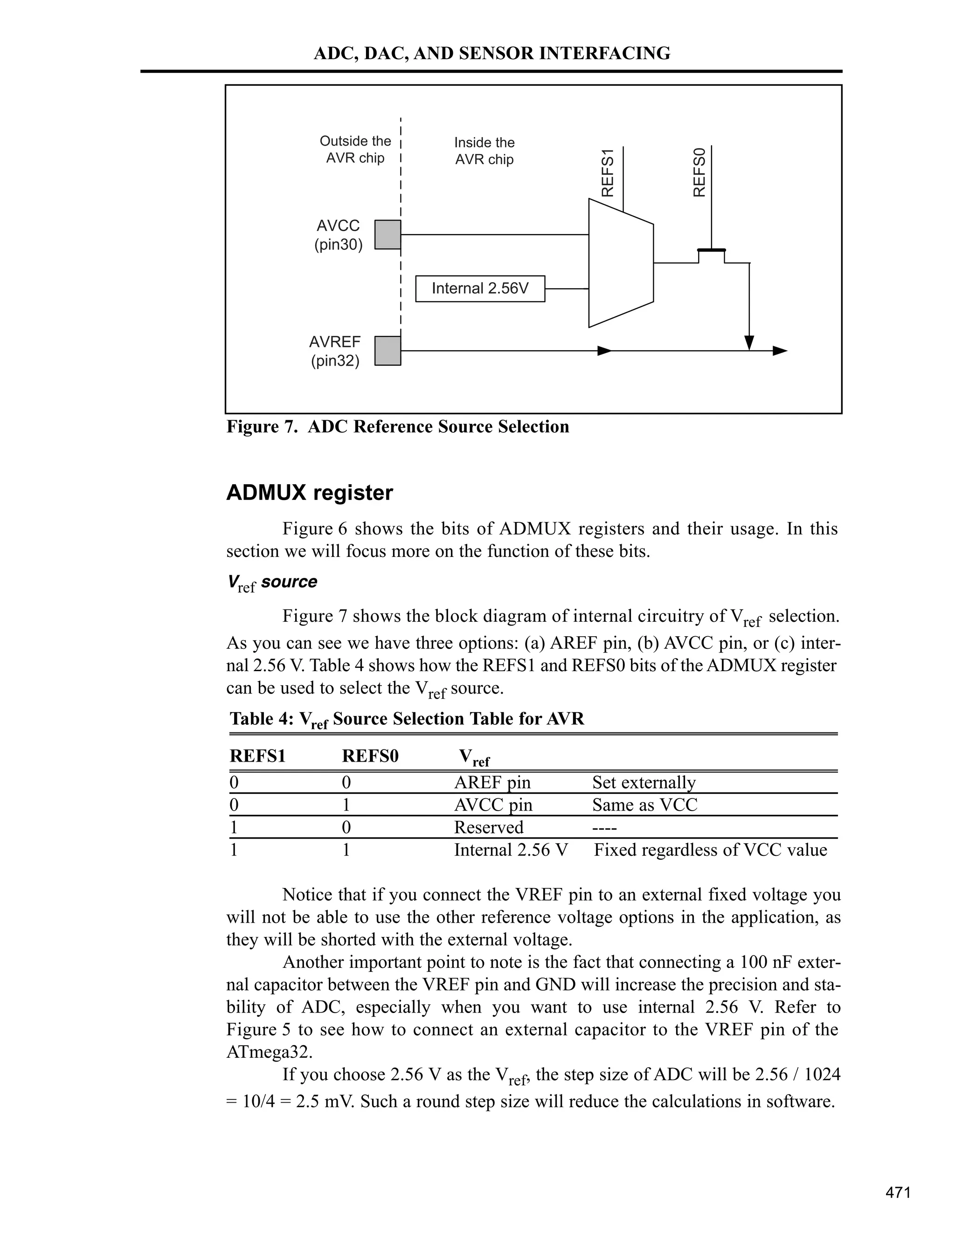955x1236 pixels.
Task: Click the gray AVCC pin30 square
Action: point(388,234)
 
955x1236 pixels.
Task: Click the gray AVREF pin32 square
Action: point(388,351)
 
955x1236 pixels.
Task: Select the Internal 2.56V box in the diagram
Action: point(480,289)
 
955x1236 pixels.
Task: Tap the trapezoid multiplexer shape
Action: point(621,263)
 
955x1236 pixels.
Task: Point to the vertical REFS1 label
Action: point(608,173)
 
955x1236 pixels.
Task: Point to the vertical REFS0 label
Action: point(699,172)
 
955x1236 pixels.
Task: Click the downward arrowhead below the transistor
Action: point(749,342)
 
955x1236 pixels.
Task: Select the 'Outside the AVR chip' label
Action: point(355,149)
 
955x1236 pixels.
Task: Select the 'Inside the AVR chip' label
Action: point(484,151)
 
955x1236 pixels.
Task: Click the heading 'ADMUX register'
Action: point(310,493)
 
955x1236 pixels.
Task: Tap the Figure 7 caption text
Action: point(398,427)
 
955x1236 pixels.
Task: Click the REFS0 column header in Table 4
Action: point(370,756)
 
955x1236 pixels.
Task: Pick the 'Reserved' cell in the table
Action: point(488,827)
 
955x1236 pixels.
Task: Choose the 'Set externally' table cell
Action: point(644,782)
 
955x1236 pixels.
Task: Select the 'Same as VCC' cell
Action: point(644,805)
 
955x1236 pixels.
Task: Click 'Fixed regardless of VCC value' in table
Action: point(710,850)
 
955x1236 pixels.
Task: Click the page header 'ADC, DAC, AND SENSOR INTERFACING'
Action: point(491,53)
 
